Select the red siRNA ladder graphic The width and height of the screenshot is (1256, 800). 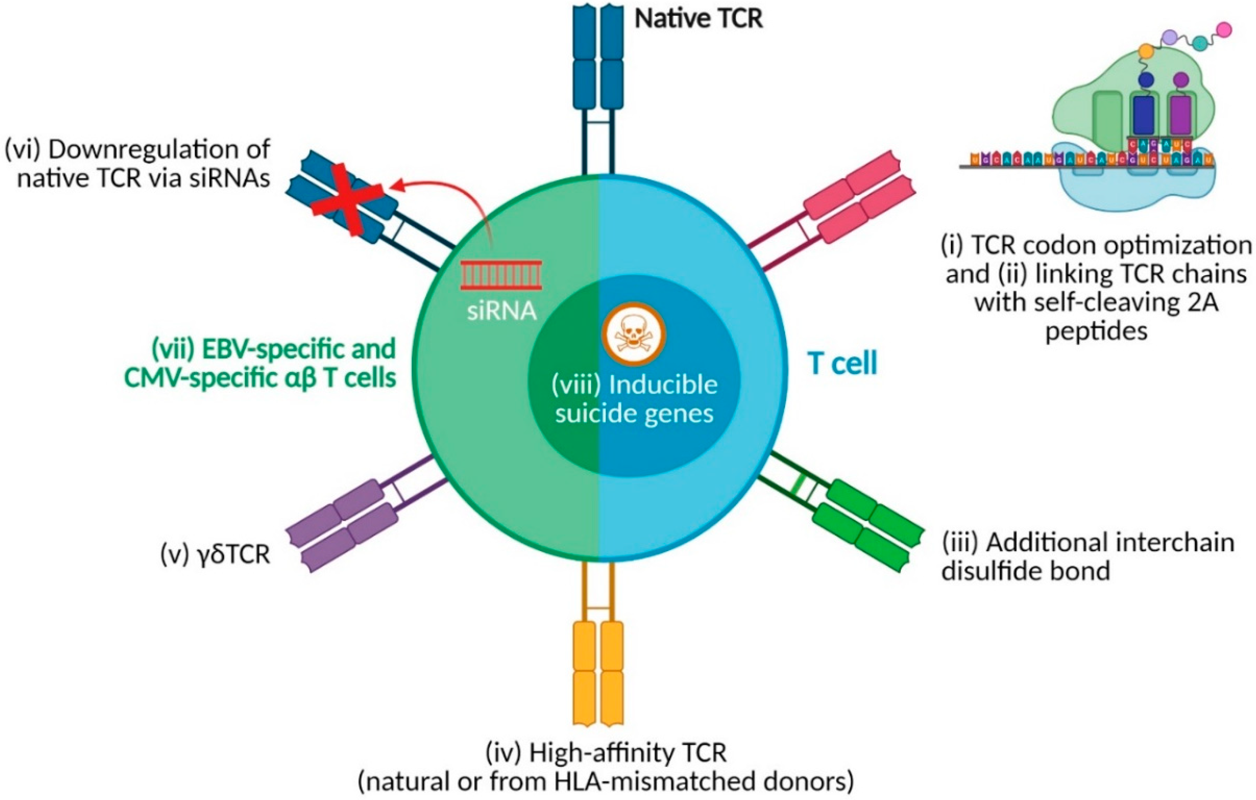pyautogui.click(x=501, y=275)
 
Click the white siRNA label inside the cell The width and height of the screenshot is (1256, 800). pyautogui.click(x=501, y=311)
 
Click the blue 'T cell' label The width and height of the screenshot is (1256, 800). pyautogui.click(x=842, y=363)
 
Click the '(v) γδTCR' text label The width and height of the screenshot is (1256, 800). pyautogui.click(x=215, y=555)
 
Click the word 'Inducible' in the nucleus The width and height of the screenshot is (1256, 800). pyautogui.click(x=663, y=385)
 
